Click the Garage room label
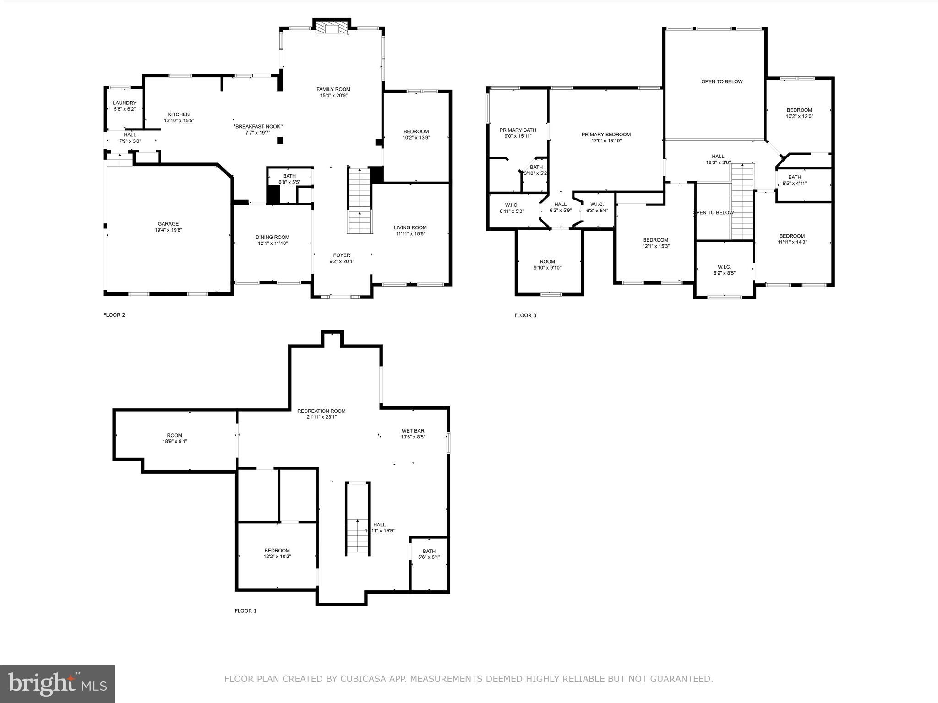168,224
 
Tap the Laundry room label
125,103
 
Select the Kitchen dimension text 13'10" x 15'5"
179,121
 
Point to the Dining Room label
272,237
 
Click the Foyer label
342,255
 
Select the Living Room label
410,227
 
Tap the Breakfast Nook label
258,126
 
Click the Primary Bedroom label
606,135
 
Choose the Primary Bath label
518,130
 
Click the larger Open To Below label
722,81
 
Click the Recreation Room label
321,411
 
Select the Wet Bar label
413,431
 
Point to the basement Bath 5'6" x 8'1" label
429,551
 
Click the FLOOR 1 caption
245,611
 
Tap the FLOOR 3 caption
525,315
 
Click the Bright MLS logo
57,684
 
